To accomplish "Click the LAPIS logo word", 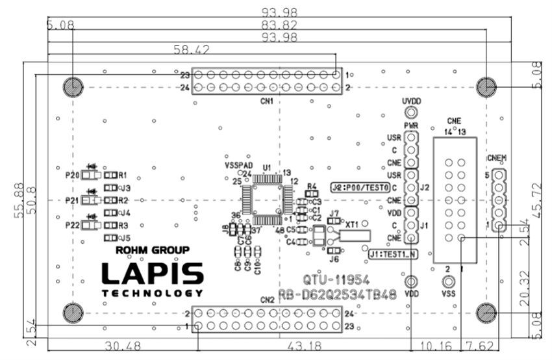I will [151, 274].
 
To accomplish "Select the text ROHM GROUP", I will [152, 250].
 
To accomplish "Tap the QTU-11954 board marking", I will [336, 280].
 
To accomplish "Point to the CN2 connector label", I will [266, 300].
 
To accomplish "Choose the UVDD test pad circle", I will [411, 114].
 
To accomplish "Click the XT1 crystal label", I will [353, 224].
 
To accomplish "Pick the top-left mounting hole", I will [71, 86].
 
